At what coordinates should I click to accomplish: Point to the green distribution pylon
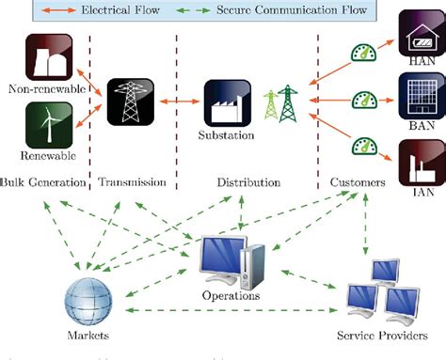coord(280,106)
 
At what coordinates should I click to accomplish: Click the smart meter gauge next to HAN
coord(362,55)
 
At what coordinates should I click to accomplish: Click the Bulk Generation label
coord(42,181)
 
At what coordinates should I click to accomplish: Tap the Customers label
coord(361,181)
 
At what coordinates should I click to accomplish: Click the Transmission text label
coord(133,181)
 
